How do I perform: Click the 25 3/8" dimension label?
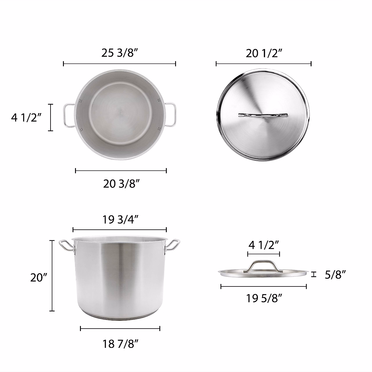119,53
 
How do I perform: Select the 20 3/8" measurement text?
121,184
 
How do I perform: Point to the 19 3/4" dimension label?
120,219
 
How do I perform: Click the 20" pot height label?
38,277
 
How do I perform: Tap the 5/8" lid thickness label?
335,274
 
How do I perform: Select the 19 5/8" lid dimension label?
264,299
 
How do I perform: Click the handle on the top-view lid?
263,115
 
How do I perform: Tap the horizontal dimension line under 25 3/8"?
119,64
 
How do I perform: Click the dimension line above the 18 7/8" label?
120,329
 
